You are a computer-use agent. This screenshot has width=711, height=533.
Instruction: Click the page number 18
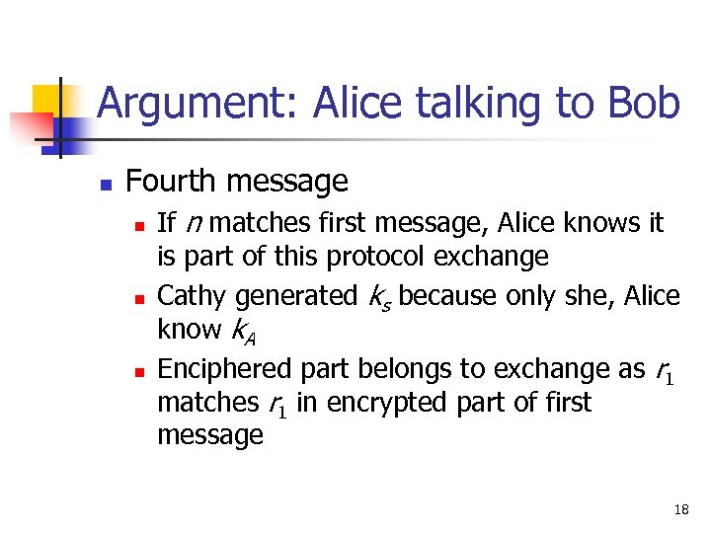[x=680, y=509]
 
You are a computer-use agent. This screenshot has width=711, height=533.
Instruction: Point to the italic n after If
[x=195, y=225]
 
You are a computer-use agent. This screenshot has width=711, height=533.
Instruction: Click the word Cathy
[x=192, y=295]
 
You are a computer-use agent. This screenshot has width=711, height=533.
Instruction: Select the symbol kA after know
[x=241, y=332]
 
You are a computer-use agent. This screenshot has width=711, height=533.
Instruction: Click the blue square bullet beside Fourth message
[x=106, y=184]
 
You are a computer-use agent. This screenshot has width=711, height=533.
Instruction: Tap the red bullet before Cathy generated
[x=139, y=297]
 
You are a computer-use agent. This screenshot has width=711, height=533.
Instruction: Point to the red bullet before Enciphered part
[x=139, y=370]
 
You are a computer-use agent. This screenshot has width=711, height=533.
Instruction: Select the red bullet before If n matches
[x=139, y=225]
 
